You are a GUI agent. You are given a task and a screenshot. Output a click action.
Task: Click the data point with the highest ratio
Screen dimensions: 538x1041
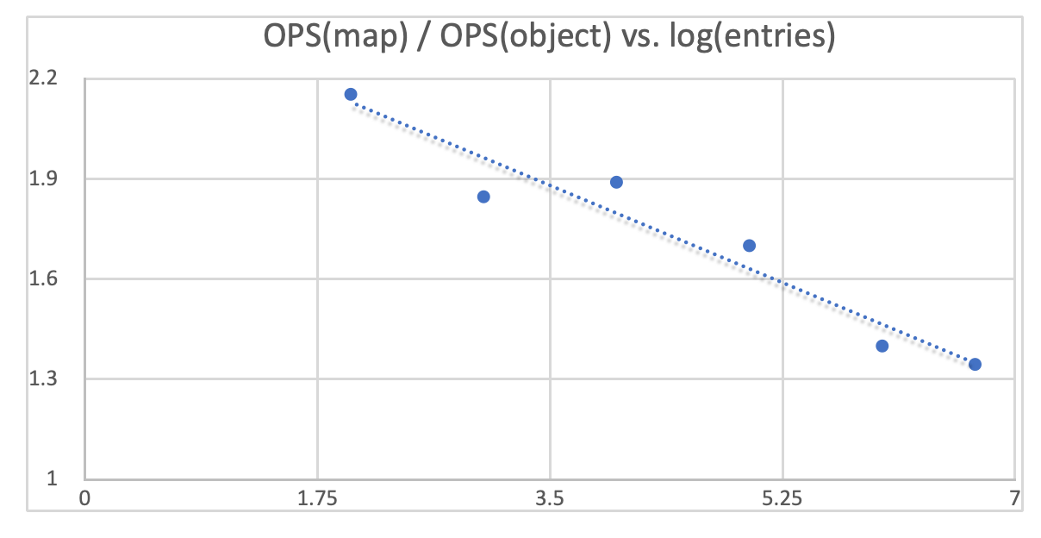[351, 94]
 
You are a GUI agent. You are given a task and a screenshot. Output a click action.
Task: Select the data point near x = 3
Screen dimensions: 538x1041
[483, 197]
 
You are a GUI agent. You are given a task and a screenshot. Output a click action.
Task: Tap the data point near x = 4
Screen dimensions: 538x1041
[616, 182]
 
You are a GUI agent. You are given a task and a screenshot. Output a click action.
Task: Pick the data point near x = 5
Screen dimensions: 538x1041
[749, 246]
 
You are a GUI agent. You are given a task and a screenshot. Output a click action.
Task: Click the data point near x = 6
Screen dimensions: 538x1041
[882, 346]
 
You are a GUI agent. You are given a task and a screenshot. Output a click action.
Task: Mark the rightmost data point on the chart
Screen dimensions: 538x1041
[975, 364]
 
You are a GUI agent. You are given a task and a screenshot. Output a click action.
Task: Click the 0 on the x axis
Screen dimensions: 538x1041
[84, 498]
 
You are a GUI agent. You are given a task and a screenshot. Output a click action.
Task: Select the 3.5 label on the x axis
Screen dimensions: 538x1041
[550, 498]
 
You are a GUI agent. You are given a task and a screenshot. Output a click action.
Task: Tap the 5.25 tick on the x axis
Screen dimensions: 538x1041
[782, 498]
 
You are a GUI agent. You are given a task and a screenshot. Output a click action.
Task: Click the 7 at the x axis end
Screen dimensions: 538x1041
[1015, 498]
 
